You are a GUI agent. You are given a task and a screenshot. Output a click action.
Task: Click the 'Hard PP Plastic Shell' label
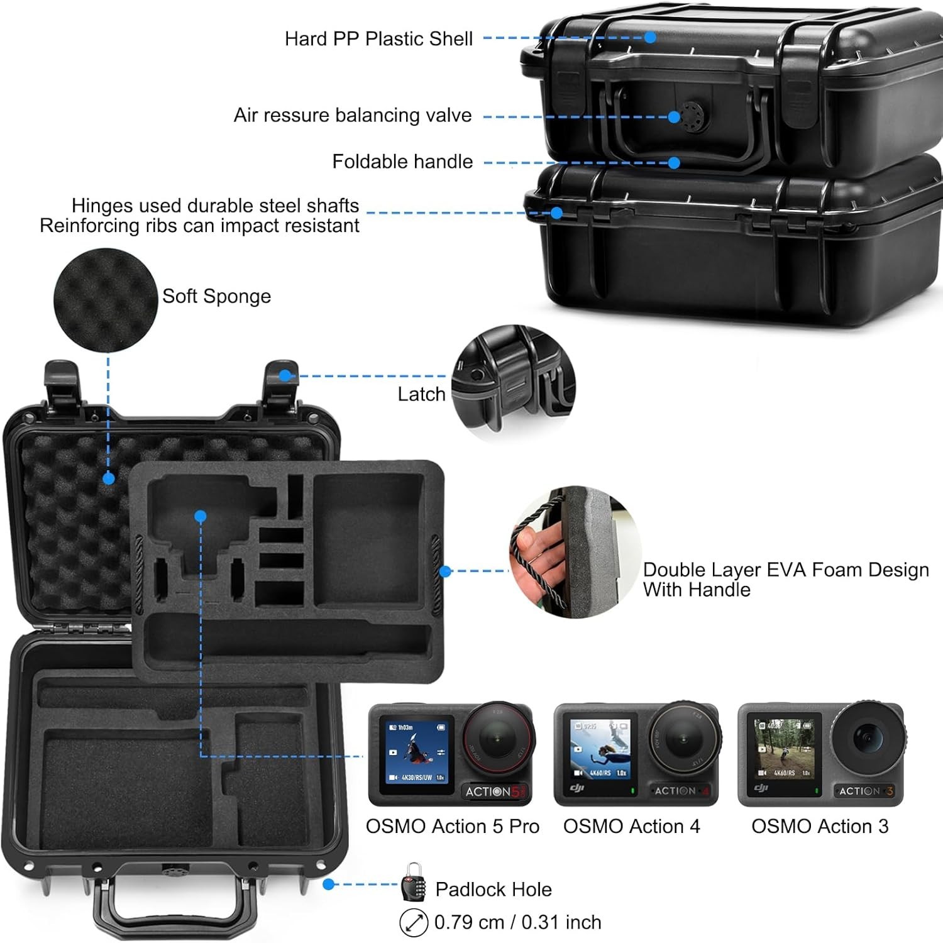(378, 39)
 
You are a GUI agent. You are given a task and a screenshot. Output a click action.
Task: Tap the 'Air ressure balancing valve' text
(353, 116)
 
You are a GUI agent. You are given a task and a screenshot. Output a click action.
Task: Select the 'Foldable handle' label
(402, 162)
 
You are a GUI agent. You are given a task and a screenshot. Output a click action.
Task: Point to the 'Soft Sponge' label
(216, 296)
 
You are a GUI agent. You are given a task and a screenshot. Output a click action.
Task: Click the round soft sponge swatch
(105, 300)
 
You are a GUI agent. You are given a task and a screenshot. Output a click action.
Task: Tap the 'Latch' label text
(421, 394)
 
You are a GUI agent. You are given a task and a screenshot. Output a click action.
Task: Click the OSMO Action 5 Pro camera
(451, 754)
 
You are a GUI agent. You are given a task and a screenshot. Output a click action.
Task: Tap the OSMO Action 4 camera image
(636, 754)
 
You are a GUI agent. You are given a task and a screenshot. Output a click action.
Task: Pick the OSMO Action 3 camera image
(821, 754)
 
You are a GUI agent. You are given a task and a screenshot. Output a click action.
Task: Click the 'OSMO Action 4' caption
(631, 826)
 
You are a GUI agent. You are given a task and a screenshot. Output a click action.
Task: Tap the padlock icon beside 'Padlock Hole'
(413, 883)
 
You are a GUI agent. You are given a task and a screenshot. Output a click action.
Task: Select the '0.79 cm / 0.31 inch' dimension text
(517, 922)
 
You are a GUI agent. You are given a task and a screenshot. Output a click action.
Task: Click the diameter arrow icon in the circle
(414, 923)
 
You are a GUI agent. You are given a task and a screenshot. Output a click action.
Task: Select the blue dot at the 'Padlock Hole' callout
(328, 884)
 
